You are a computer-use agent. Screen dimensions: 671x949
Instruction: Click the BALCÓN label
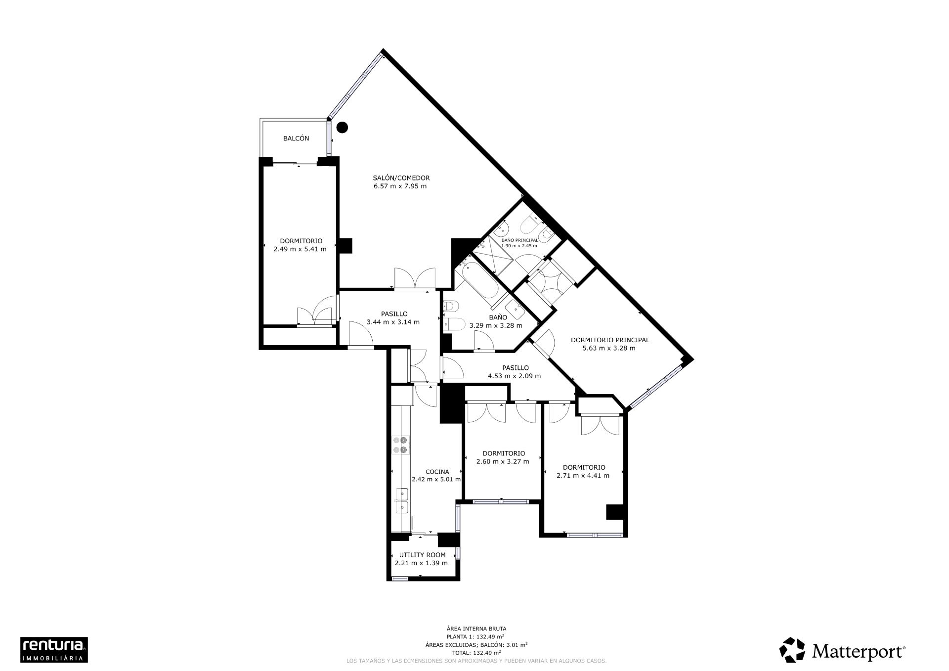point(296,138)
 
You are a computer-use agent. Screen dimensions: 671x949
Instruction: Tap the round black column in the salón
point(342,127)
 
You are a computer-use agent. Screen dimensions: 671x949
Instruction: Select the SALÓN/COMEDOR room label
point(401,178)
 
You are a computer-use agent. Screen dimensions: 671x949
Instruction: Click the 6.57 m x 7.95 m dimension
point(400,186)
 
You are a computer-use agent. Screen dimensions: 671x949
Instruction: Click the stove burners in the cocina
point(400,445)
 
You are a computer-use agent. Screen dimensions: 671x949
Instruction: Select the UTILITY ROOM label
point(422,555)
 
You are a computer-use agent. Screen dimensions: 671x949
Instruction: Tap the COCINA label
point(437,472)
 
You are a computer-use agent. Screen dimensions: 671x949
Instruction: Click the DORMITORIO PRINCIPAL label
point(609,340)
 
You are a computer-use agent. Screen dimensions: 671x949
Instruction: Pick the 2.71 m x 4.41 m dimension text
point(583,476)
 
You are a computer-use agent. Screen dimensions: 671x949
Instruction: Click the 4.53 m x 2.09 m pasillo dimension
point(514,376)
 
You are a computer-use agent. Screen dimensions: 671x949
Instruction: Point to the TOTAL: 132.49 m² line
point(476,652)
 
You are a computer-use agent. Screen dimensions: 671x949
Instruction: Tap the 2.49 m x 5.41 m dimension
point(300,249)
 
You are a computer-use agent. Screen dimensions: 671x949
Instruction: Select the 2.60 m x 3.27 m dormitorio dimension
point(502,461)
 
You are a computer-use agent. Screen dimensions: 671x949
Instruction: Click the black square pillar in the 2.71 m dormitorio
point(614,512)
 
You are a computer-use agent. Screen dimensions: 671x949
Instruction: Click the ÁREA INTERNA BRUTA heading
point(476,628)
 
